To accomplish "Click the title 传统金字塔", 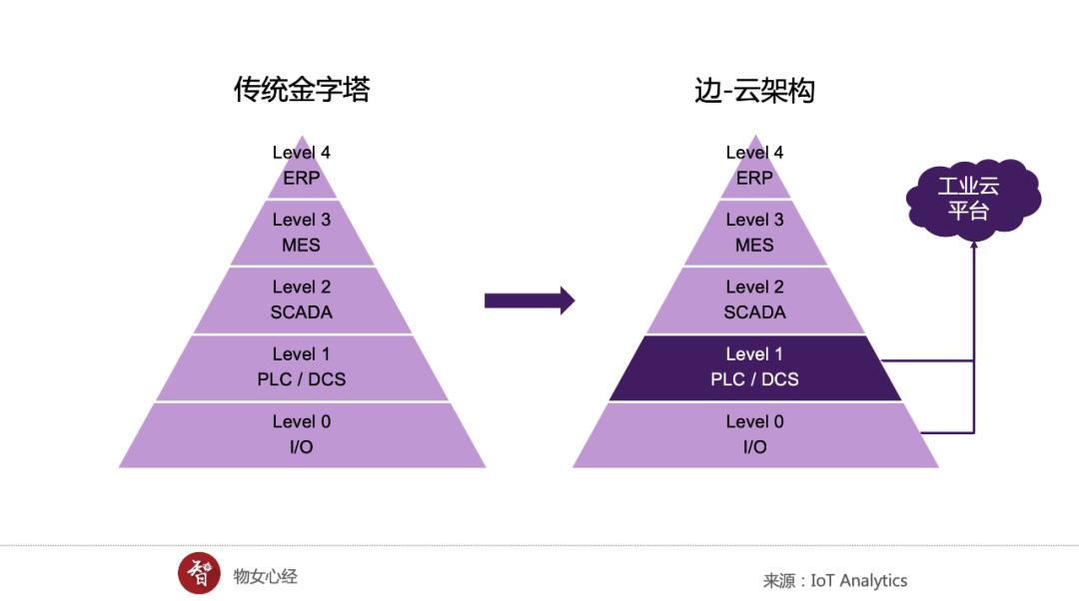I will pos(302,90).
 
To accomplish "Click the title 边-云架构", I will pos(754,91).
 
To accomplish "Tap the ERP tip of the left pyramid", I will pos(302,170).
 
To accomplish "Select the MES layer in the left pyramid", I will pos(302,233).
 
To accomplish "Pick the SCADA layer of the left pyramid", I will pos(302,300).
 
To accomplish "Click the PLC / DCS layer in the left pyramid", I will pos(302,367).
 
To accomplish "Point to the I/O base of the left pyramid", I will pos(302,435).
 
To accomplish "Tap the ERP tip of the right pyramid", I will pos(755,170).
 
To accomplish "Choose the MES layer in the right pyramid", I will pos(755,233).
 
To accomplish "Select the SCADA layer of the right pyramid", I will pos(755,300).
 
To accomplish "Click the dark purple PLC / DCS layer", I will pos(755,367).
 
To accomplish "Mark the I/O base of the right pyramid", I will pos(755,435).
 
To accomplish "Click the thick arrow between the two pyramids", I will pos(529,300).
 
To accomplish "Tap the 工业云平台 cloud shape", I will pos(968,198).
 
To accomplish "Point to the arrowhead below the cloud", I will pos(973,246).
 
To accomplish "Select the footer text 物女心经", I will pos(266,576).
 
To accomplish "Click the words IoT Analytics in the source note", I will pos(858,580).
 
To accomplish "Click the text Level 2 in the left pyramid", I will pos(302,288).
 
